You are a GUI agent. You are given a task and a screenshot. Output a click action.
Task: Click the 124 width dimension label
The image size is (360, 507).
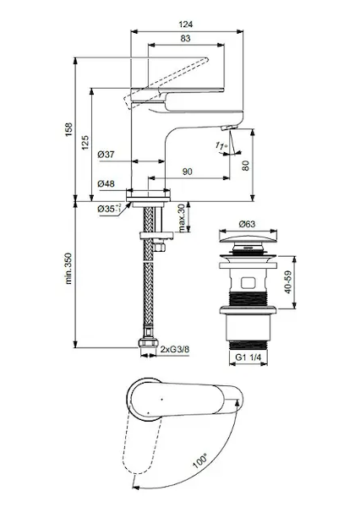point(186,25)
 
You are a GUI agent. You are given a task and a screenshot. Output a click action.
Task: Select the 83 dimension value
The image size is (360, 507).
point(185,39)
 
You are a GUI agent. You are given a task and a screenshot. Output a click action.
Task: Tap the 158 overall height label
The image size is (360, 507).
point(69,129)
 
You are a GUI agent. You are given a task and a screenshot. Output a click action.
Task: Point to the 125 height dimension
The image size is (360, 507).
point(85,143)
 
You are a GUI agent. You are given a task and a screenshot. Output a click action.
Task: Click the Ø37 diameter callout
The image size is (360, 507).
point(106,155)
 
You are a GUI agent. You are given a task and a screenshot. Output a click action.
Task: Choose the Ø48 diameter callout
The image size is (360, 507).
point(106,183)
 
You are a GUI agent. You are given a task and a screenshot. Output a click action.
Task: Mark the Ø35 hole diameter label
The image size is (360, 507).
point(109,209)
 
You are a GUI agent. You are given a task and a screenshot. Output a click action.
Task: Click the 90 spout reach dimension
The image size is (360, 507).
point(188,172)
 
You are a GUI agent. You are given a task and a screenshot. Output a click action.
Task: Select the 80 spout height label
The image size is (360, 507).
point(246,166)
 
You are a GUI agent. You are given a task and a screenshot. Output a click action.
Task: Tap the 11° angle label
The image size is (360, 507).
point(221,146)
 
